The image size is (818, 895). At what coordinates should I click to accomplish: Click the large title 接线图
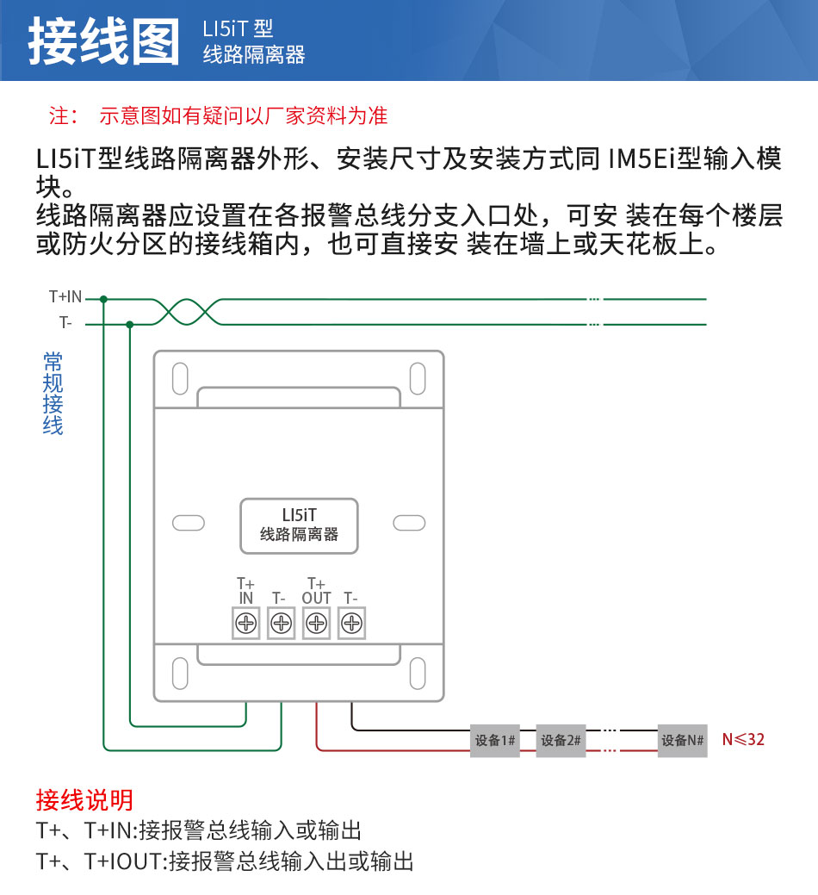pos(104,41)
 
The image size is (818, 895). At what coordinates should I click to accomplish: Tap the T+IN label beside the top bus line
pos(65,297)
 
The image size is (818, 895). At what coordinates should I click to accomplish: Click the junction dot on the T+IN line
pos(103,299)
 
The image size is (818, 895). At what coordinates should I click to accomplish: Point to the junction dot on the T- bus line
pos(129,324)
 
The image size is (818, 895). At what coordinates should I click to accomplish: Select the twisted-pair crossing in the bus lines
pos(187,312)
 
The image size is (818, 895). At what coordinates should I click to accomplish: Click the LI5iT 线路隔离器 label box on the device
pos(299,525)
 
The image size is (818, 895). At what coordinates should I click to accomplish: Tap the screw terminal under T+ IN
pos(246,623)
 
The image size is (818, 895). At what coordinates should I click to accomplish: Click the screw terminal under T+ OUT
pos(317,623)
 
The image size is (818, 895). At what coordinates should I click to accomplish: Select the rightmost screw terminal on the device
pos(351,623)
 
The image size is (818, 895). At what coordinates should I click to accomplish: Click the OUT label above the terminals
pos(317,598)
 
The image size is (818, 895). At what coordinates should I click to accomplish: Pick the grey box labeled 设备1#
pos(494,740)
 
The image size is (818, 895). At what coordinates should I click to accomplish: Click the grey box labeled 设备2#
pos(561,740)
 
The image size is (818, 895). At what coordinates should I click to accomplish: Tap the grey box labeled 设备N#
pos(682,740)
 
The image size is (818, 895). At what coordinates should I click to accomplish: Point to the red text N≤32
pos(743,740)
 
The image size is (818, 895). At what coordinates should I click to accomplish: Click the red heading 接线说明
pos(84,799)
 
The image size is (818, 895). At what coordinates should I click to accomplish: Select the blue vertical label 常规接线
pos(53,394)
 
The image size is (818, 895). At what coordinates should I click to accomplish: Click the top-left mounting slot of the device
pos(180,378)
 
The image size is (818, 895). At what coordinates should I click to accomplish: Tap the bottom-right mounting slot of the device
pos(418,673)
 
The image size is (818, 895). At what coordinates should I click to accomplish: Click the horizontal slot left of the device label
pos(189,523)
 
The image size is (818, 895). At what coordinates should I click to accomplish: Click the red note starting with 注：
pos(218,116)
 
